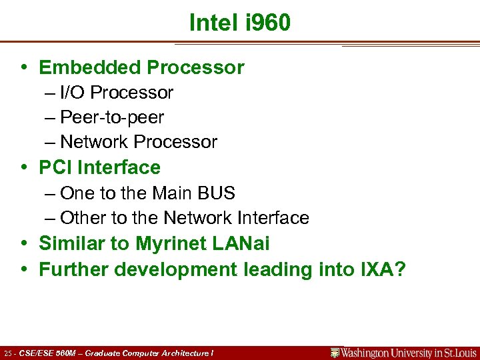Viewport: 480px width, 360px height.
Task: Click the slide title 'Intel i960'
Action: [240, 23]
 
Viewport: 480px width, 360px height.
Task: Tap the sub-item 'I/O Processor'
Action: [116, 93]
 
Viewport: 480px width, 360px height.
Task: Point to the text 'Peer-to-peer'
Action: [111, 117]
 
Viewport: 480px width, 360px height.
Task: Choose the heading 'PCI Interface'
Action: [99, 167]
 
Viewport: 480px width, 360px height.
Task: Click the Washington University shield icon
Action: [336, 353]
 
